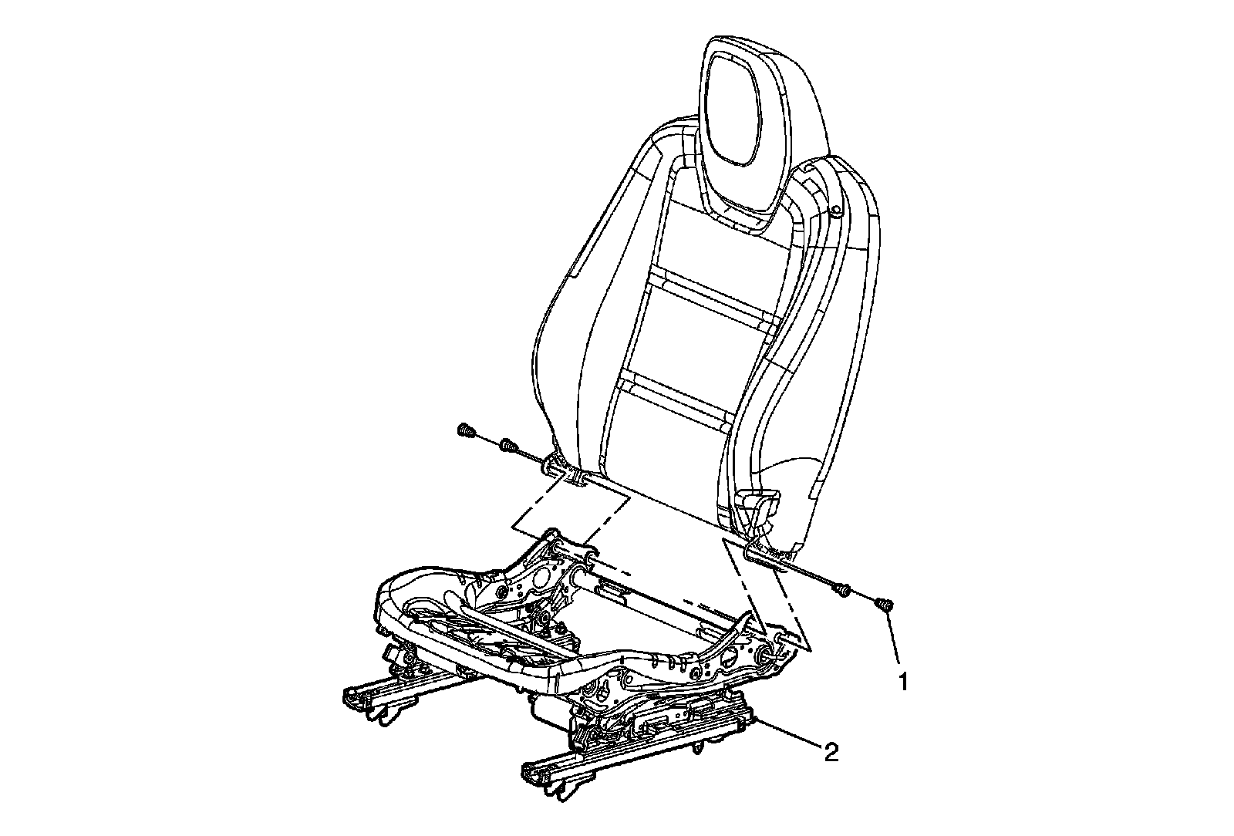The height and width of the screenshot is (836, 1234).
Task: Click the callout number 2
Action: (x=831, y=752)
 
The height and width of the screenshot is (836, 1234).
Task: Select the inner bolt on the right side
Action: (x=843, y=592)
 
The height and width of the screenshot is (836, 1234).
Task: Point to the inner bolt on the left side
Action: (x=507, y=447)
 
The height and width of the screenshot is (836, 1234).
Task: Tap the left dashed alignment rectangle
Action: (x=571, y=524)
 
